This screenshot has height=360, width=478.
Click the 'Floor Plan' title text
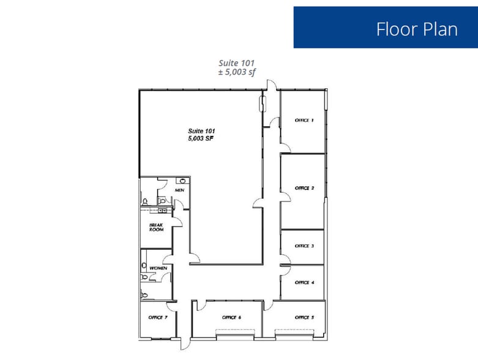tap(416, 29)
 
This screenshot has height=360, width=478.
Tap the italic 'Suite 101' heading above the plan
tap(236, 62)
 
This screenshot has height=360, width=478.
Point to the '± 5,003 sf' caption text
tap(236, 72)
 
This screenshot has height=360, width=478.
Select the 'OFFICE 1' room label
tap(304, 120)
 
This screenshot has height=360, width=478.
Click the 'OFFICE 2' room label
tap(304, 188)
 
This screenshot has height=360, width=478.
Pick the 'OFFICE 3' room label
tap(304, 246)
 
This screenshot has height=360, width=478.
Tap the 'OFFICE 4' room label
tap(304, 282)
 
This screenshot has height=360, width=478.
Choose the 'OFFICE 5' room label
tap(304, 317)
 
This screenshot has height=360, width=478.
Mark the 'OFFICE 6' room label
tap(231, 317)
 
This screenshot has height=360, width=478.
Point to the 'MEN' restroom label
tap(179, 190)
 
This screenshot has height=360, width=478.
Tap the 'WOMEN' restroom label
tap(158, 269)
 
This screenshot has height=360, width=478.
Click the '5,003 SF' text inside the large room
tap(201, 139)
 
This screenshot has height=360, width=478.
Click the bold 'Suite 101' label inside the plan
tap(201, 131)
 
